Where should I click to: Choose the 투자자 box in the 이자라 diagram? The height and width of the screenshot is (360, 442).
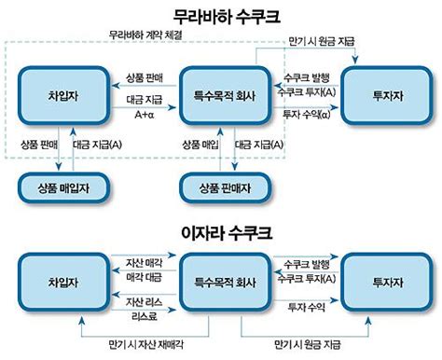(385, 280)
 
